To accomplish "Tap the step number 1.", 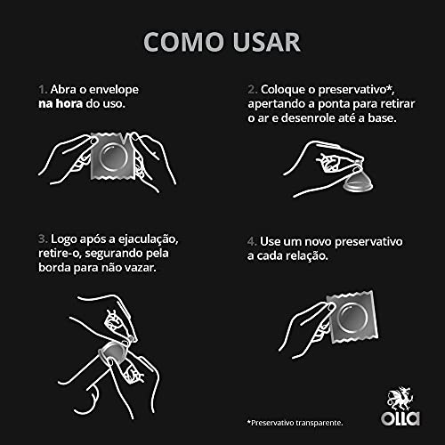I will [x=41, y=90].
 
